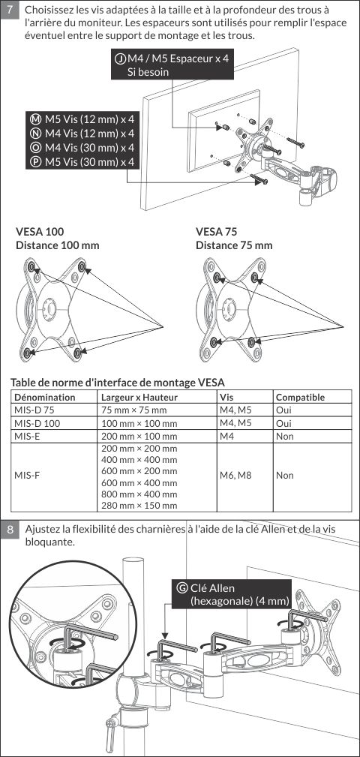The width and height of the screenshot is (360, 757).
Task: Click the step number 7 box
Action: coord(10,11)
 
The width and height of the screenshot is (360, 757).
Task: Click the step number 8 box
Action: coord(10,530)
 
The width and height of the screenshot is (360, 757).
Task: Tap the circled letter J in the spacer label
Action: coord(120,59)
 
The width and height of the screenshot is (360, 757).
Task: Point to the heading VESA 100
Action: coord(40,231)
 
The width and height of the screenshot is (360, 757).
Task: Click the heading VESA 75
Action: coord(216,231)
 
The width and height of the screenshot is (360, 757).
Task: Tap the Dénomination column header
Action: coord(45,398)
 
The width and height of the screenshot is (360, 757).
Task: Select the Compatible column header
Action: coord(300,398)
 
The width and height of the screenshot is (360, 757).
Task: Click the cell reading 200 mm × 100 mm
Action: coord(139,437)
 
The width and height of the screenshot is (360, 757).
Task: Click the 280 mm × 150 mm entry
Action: coord(139,506)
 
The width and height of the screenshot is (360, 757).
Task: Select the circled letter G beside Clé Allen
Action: coord(182,588)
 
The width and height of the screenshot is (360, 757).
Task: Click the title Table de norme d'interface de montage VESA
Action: coord(118,383)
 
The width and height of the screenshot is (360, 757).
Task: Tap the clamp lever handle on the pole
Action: coord(112,725)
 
